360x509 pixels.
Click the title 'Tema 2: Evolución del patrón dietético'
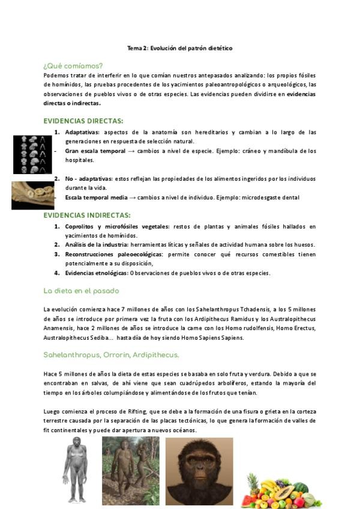point(179,48)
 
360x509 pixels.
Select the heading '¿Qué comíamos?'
point(73,65)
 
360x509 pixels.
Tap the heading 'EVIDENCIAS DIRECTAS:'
point(83,121)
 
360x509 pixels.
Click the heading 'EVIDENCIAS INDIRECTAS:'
point(87,215)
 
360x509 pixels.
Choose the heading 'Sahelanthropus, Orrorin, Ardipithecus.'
point(111,355)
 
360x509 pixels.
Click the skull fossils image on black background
point(32,154)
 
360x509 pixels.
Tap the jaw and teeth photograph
point(32,194)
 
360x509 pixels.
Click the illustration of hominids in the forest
point(130,471)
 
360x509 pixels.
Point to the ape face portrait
point(199,471)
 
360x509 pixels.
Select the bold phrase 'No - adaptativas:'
point(88,179)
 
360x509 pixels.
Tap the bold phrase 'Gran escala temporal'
point(95,151)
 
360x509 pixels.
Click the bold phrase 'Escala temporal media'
point(96,197)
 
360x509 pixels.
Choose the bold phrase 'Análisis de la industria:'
point(97,245)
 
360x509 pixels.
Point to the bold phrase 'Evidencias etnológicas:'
point(97,273)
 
